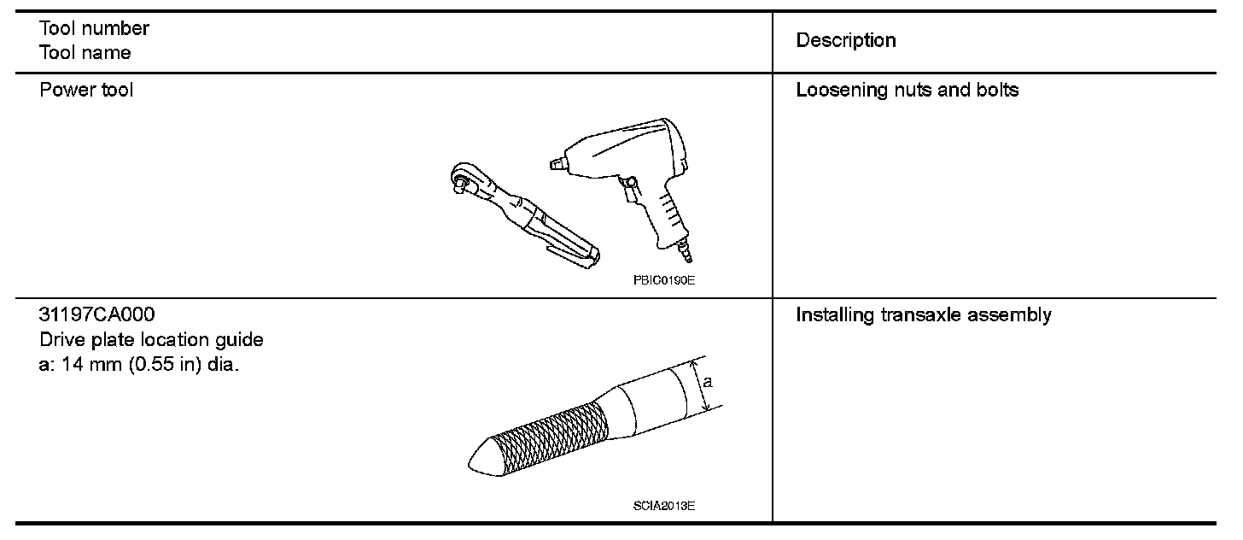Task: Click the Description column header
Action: [x=845, y=40]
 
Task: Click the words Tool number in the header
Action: [x=94, y=28]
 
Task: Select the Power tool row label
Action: [x=86, y=90]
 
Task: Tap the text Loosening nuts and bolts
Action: [x=907, y=90]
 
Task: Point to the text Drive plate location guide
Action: [x=151, y=340]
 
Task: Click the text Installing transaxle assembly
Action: [x=923, y=315]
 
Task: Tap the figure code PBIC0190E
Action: [x=663, y=279]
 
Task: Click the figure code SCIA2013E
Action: [x=663, y=505]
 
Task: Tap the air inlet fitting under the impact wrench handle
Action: [x=686, y=251]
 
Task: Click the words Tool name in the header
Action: [x=85, y=53]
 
